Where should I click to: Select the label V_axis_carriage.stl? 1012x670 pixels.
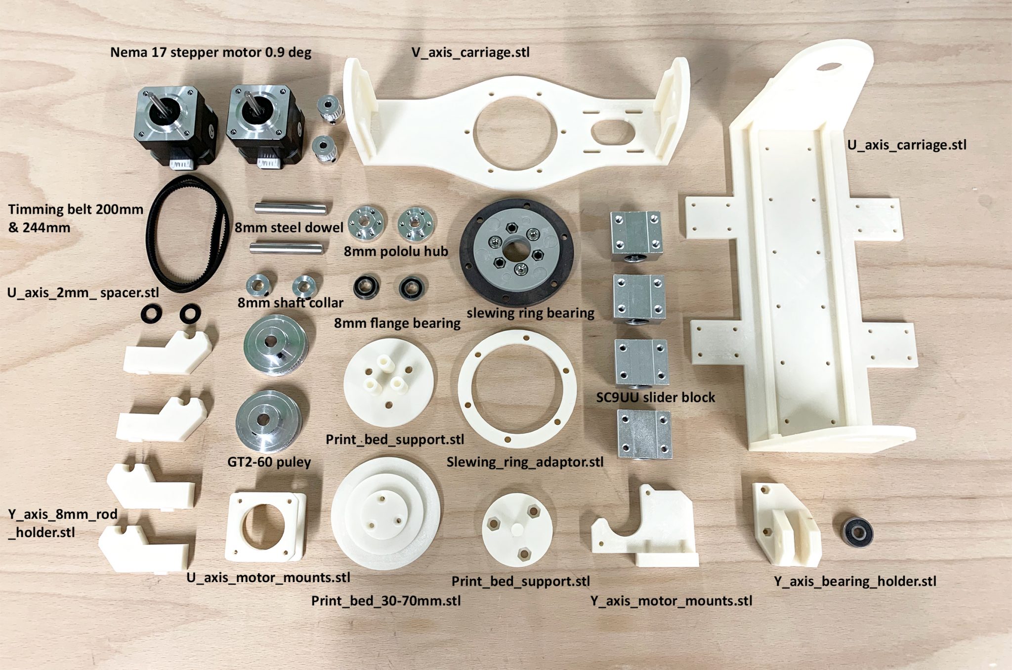point(470,52)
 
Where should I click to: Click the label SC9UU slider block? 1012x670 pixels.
point(655,397)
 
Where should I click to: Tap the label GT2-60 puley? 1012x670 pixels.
point(269,462)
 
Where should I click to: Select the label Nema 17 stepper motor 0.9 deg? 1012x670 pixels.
point(211,52)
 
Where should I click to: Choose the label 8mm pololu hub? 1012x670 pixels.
point(395,251)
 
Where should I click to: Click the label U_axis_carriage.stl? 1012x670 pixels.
point(907,145)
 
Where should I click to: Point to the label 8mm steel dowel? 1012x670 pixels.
point(289,228)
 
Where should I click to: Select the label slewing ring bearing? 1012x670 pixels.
point(530,313)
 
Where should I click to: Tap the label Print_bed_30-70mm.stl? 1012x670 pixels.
point(386,601)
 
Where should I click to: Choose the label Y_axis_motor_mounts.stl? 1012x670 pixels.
point(671,601)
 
